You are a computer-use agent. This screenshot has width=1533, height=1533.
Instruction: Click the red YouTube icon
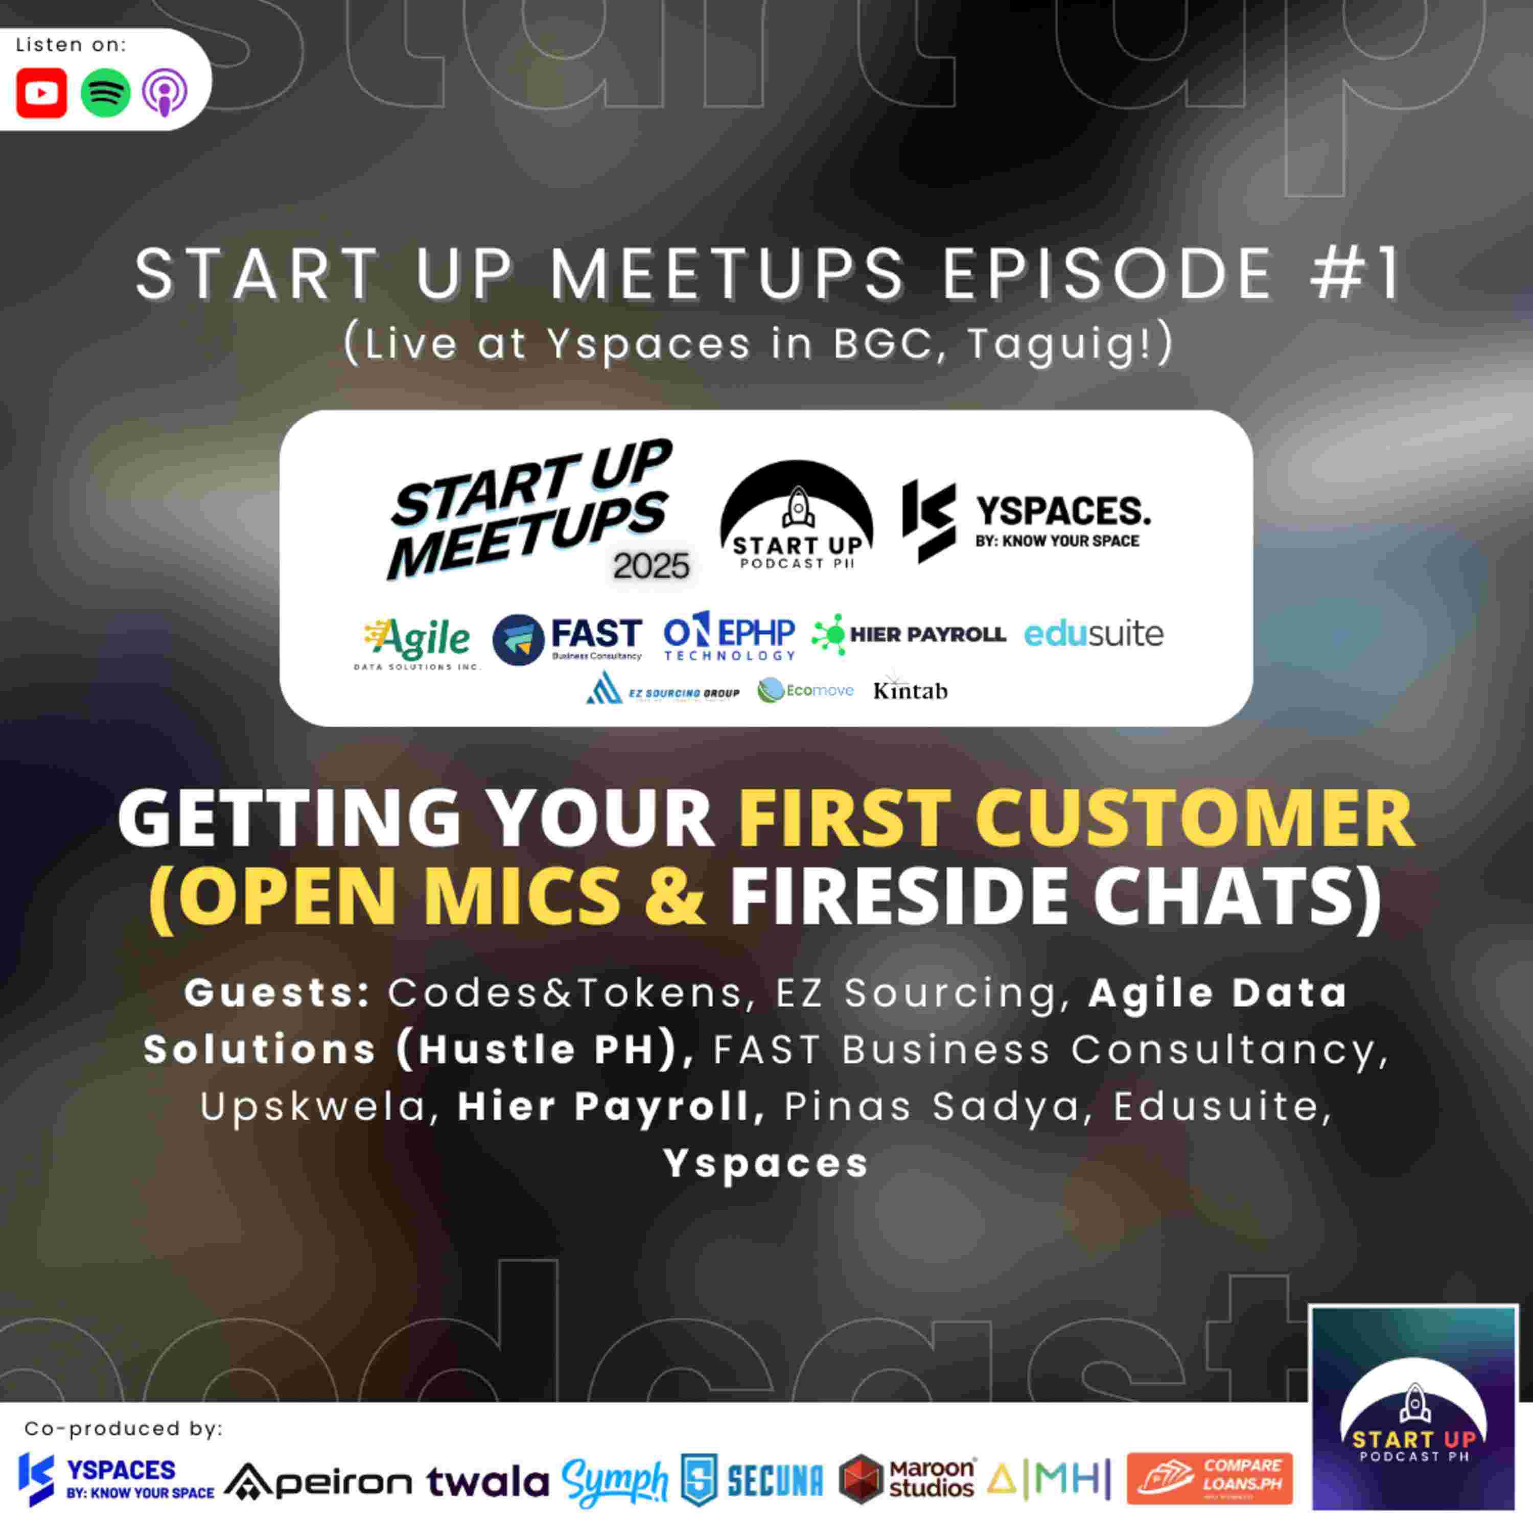coord(41,93)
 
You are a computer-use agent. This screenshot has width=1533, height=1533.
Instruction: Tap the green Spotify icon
coord(106,93)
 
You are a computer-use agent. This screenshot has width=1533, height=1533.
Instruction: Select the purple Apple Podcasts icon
coord(165,93)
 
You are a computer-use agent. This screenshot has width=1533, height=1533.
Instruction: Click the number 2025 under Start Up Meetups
coord(651,566)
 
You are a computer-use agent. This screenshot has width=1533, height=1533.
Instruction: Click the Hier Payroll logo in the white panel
coord(909,634)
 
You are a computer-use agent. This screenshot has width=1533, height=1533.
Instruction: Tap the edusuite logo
coord(1094,633)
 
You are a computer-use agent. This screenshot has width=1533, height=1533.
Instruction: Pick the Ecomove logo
coord(805,690)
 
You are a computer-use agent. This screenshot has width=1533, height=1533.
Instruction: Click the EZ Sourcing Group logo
coord(663,690)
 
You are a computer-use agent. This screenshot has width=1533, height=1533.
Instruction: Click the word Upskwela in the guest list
coord(313,1107)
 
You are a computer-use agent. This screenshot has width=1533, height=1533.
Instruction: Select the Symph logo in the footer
coord(615,1481)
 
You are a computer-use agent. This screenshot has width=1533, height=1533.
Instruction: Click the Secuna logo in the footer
coord(753,1481)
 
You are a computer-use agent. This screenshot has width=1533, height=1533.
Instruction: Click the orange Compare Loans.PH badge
coord(1209,1478)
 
